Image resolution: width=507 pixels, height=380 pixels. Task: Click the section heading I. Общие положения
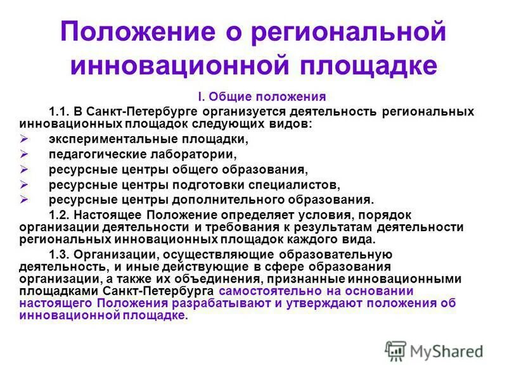tap(262, 97)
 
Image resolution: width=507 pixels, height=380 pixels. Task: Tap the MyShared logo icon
tap(395, 351)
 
